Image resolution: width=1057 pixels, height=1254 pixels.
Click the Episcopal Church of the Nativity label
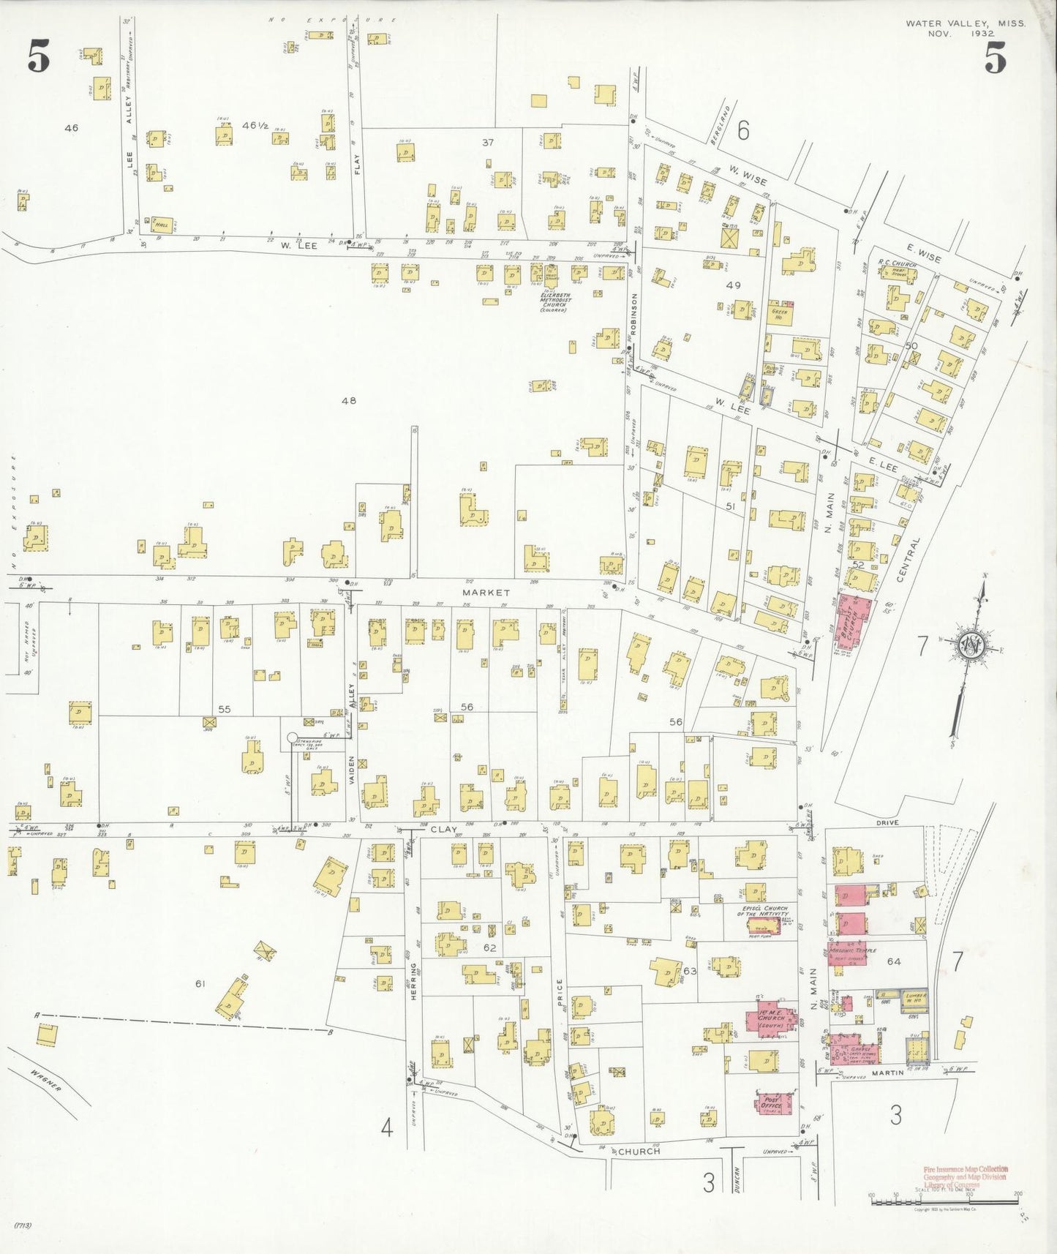tap(762, 912)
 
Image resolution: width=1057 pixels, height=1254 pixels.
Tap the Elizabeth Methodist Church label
tap(555, 299)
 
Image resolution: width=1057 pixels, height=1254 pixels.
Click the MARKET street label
tap(486, 592)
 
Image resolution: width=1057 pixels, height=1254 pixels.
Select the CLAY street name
tap(443, 830)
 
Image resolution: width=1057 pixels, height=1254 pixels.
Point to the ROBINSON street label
tap(633, 314)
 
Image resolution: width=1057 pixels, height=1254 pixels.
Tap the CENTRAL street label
tap(909, 560)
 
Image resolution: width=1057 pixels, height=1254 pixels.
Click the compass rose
tap(971, 647)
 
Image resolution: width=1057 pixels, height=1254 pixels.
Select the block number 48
tap(349, 400)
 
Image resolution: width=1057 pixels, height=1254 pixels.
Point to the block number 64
tap(893, 961)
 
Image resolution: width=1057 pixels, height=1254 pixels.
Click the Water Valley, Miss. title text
tap(965, 23)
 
